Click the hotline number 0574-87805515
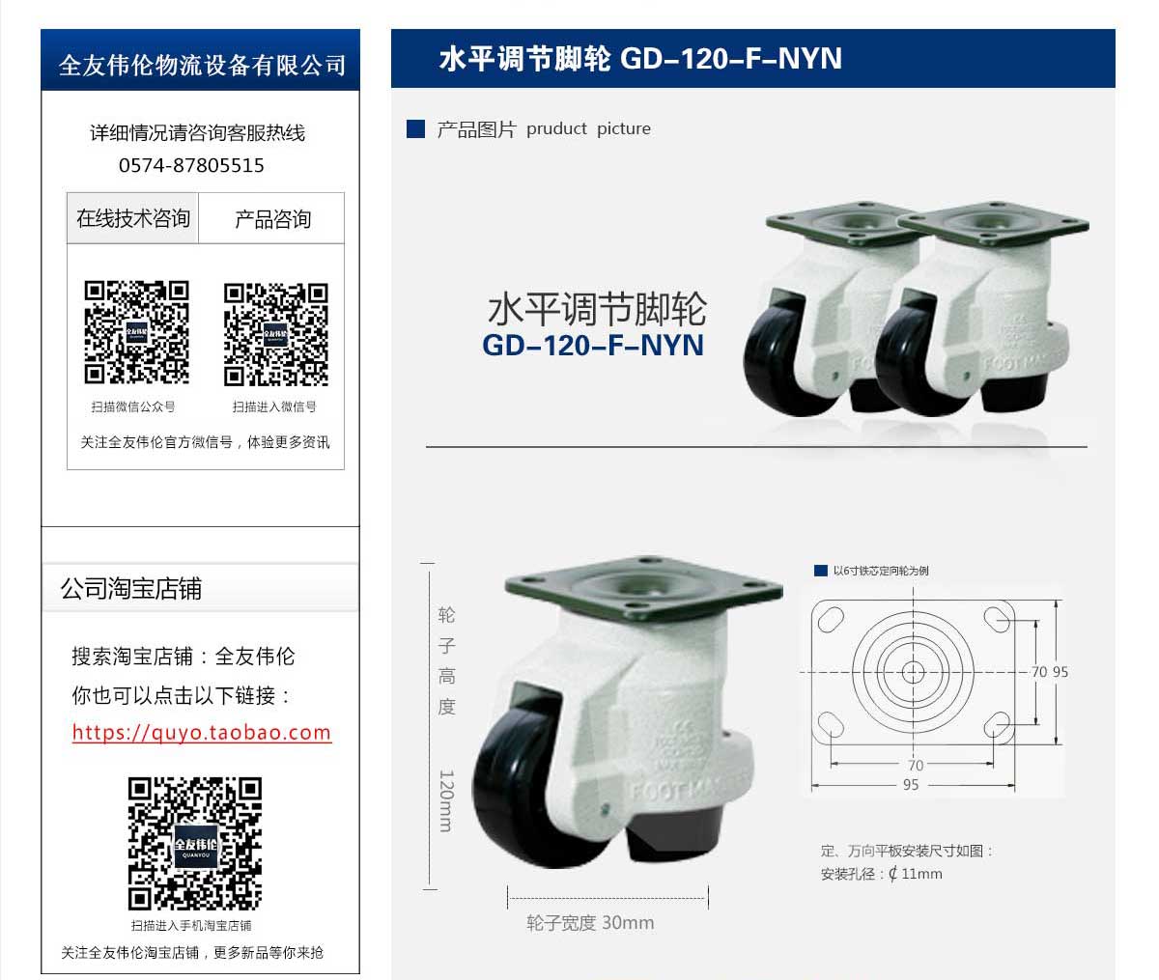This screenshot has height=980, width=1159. tap(191, 165)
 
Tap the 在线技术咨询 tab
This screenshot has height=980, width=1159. tap(133, 218)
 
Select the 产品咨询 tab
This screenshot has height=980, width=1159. tap(272, 219)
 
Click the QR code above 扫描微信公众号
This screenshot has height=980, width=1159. tap(136, 332)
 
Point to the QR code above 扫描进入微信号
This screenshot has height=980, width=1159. tap(276, 333)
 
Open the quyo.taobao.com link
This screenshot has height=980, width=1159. tap(201, 732)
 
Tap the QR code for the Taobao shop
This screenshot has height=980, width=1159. tap(195, 843)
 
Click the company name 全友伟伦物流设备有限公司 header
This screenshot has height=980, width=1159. tap(201, 64)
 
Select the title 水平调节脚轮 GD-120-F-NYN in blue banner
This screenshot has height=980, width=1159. tap(640, 59)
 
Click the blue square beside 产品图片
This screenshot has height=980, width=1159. tap(416, 129)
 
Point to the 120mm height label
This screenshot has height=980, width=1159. tap(445, 800)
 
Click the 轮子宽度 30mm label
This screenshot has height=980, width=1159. tap(590, 923)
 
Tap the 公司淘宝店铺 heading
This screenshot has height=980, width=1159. tap(131, 589)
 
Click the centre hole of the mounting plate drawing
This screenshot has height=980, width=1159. tap(913, 671)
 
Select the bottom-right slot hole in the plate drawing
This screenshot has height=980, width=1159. tap(997, 724)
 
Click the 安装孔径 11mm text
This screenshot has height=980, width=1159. tap(881, 874)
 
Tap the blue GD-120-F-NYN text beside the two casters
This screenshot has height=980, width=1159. tap(593, 345)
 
